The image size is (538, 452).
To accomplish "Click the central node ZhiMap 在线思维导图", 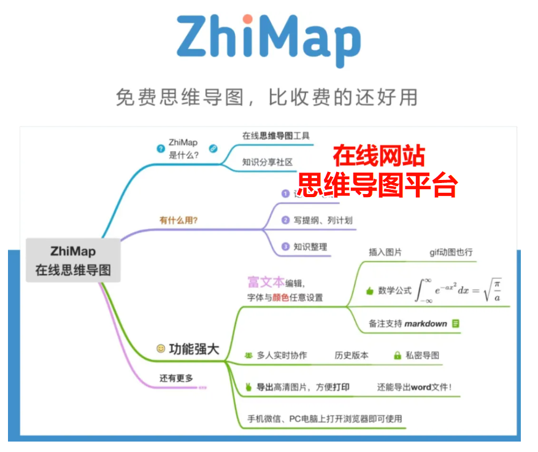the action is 73,260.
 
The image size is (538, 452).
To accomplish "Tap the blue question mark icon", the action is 161,148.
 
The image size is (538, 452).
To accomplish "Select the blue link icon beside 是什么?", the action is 213,148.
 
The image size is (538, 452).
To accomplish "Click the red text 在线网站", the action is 379,156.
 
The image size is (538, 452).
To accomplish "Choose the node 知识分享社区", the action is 267,162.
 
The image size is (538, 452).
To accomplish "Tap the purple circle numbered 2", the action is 285,220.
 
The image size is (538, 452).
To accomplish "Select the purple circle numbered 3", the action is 285,247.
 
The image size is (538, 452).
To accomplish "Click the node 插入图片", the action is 385,252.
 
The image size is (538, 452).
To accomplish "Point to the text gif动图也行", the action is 451,252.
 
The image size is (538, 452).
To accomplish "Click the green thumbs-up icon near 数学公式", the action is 369,291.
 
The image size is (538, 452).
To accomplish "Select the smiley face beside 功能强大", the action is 161,348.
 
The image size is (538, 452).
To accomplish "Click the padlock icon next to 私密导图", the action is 397,355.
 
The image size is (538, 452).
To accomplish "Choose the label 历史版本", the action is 352,355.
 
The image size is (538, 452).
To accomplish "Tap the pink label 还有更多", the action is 176,378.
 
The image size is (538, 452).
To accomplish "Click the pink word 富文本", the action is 266,282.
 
